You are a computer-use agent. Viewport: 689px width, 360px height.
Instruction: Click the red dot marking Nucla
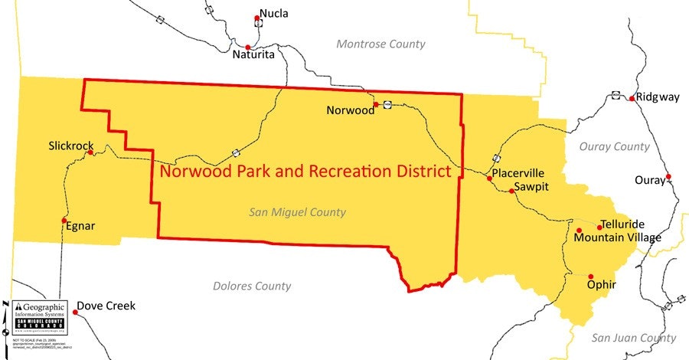coord(258,18)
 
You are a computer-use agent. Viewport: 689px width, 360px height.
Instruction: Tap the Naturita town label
coord(253,54)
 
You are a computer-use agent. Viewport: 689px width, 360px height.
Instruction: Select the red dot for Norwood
coord(376,104)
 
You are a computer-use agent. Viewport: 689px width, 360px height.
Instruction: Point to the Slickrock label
coord(70,146)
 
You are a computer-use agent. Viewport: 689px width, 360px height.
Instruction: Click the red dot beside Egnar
coord(64,220)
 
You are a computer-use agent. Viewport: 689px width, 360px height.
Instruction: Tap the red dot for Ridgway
coord(632,98)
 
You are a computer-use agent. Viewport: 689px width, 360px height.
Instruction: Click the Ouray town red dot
coord(668,177)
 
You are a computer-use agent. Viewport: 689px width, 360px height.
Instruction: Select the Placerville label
coord(518,173)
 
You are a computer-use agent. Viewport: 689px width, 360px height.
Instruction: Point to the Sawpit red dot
coord(511,191)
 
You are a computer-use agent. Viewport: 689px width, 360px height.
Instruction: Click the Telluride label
coord(622,224)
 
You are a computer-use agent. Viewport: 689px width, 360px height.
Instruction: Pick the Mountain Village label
coord(617,237)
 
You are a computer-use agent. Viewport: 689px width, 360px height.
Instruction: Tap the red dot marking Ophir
coord(591,276)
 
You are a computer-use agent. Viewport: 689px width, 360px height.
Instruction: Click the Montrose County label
coord(380,44)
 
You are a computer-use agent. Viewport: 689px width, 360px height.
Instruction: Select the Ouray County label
coord(614,146)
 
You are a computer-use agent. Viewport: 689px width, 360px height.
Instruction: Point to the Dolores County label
coord(252,286)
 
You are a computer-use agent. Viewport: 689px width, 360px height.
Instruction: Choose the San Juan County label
coord(634,338)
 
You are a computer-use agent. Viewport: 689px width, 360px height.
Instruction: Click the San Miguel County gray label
coord(298,212)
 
